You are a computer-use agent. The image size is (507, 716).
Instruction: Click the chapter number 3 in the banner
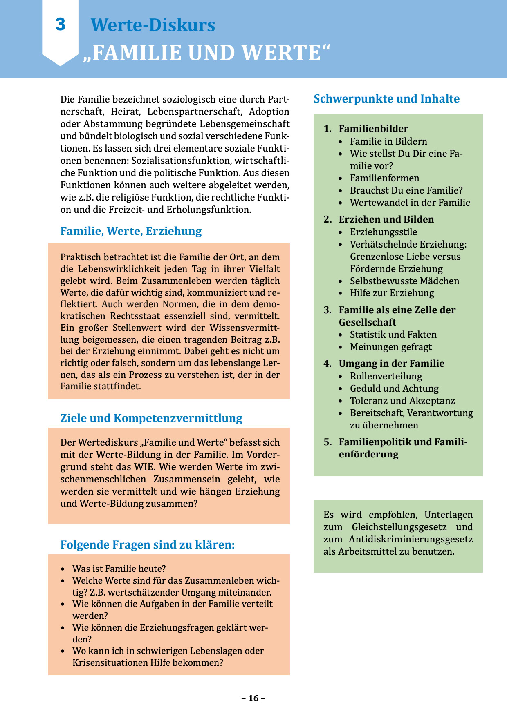click(61, 25)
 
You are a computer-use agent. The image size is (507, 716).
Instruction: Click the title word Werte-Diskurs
click(153, 25)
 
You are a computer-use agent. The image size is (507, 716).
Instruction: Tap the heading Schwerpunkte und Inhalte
click(386, 99)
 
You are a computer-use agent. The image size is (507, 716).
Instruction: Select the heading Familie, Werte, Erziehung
click(131, 231)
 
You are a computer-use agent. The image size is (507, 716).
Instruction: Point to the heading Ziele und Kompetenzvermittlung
click(151, 418)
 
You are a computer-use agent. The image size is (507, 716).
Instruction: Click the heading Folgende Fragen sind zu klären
click(148, 545)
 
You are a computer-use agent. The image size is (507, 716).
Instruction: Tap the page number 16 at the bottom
click(253, 698)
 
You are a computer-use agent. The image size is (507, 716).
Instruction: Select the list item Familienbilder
click(373, 129)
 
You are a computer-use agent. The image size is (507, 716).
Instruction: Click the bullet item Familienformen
click(384, 178)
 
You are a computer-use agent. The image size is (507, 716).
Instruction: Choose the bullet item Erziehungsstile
click(384, 232)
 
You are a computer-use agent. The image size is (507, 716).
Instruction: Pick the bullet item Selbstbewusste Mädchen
click(404, 281)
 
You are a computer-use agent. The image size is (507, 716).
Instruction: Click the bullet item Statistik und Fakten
click(393, 335)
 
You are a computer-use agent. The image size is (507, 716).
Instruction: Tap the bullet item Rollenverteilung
click(386, 376)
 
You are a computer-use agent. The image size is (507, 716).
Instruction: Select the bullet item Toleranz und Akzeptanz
click(402, 401)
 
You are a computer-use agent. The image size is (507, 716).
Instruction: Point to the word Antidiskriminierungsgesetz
click(411, 539)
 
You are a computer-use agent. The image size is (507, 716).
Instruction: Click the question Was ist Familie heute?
click(119, 569)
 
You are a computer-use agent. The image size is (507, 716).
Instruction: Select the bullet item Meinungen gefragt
click(390, 347)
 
